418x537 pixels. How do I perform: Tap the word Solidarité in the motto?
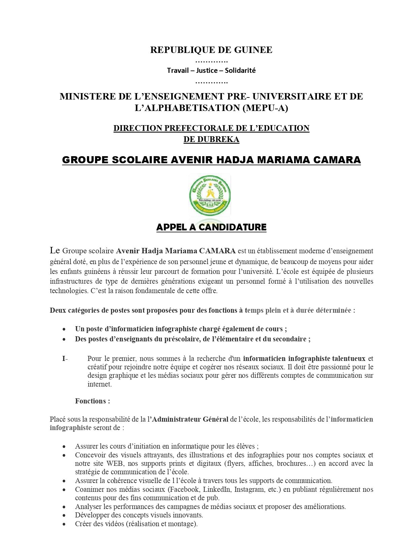click(x=240, y=70)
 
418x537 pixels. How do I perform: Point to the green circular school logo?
click(x=210, y=196)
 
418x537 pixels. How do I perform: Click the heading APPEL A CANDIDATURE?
click(x=211, y=227)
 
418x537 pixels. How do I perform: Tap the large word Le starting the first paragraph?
click(x=55, y=250)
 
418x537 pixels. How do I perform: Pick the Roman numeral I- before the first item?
click(x=65, y=359)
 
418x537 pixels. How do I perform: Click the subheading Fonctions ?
click(x=93, y=401)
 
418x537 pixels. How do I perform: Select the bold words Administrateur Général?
click(x=190, y=419)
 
